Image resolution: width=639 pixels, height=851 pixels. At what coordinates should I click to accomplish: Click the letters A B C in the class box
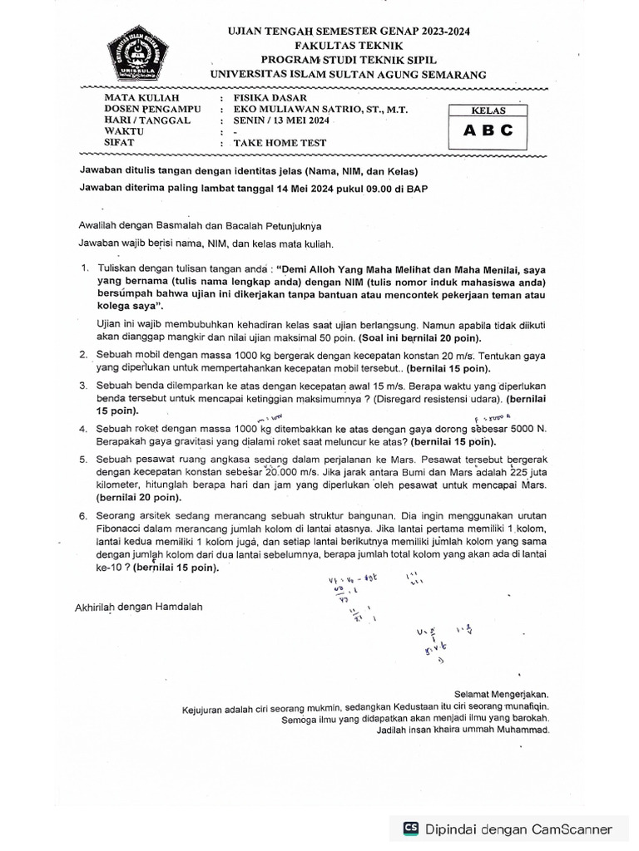(486, 130)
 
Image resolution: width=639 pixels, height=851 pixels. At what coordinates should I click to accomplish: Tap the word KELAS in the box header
(486, 110)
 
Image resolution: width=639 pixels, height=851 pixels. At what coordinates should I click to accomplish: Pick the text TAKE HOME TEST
(280, 143)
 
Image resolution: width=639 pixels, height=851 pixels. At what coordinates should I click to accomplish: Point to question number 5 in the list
(84, 459)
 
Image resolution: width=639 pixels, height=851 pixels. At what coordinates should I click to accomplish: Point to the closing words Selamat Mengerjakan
(502, 694)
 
